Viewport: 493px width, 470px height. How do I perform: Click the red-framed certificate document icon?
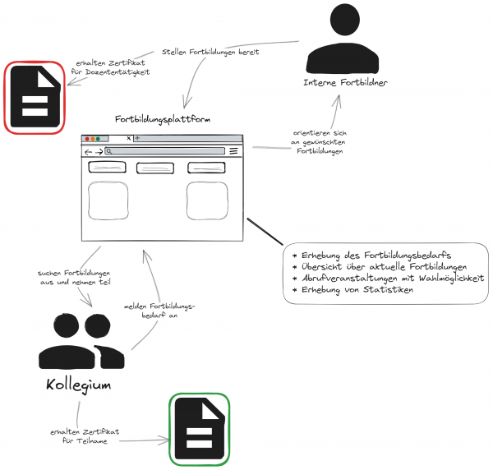pos(35,97)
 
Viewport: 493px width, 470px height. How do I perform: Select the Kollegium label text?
pos(80,385)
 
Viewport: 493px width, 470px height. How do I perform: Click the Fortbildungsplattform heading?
pos(163,120)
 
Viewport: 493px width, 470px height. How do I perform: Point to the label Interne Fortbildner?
pos(345,82)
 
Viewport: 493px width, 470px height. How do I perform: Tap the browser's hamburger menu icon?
pos(233,151)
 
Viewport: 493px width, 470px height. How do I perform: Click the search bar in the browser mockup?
pos(164,151)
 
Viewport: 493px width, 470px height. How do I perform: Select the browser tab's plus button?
pos(137,138)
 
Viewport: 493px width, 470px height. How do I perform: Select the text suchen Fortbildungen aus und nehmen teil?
pos(74,277)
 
